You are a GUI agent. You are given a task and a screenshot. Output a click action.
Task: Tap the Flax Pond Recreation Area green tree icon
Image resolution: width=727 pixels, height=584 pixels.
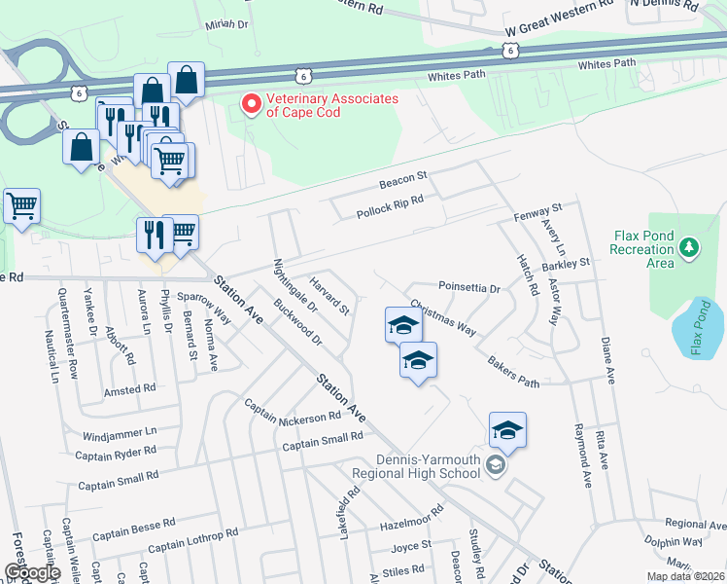point(689,248)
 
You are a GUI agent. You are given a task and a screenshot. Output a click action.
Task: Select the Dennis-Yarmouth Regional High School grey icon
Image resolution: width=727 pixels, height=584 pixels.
point(495,466)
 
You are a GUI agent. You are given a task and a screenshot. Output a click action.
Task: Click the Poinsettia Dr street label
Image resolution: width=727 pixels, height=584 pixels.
point(468,289)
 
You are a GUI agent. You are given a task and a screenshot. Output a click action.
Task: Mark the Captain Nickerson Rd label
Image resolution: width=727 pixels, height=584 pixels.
point(292,411)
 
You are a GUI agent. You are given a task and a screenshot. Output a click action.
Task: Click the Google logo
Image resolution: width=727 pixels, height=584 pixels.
point(33,572)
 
